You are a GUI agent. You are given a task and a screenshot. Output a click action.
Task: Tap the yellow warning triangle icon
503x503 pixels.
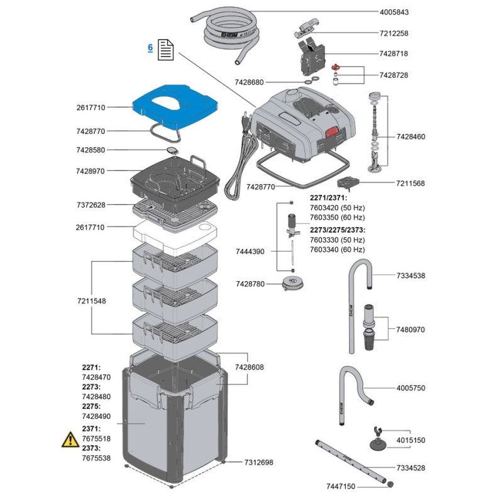pyautogui.click(x=70, y=439)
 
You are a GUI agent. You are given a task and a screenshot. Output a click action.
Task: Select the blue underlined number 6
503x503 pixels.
pyautogui.click(x=150, y=48)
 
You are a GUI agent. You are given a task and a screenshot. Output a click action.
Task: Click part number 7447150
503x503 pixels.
pyautogui.click(x=341, y=487)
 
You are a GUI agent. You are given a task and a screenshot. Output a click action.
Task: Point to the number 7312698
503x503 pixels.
pyautogui.click(x=258, y=462)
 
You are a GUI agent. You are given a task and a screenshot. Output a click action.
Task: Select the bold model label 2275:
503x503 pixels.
pyautogui.click(x=91, y=407)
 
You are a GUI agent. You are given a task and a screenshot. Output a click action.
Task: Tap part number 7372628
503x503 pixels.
pyautogui.click(x=91, y=205)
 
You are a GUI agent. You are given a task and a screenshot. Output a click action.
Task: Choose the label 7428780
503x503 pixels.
pyautogui.click(x=250, y=284)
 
